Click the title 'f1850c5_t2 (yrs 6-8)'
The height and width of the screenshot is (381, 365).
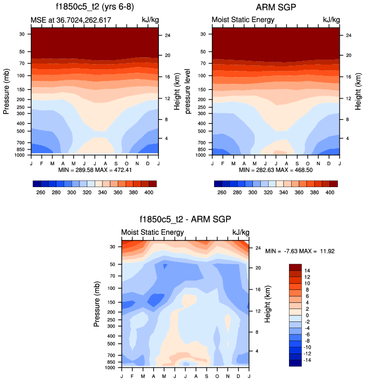coord(94,7)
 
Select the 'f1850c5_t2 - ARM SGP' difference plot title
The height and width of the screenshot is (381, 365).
coord(185,220)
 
